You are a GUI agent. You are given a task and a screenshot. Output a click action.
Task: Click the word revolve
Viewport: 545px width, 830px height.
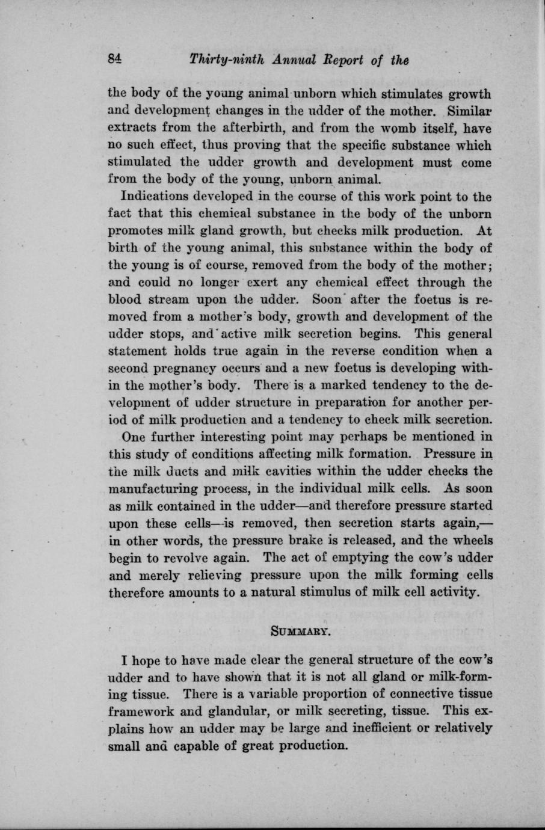(x=182, y=557)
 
